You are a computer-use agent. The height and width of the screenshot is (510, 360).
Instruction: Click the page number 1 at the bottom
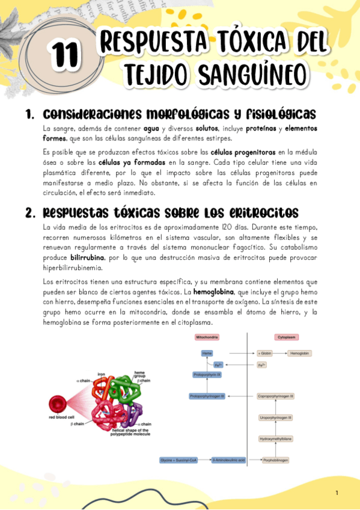pyautogui.click(x=337, y=493)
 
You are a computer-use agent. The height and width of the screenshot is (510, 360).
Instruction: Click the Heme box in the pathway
pyautogui.click(x=207, y=353)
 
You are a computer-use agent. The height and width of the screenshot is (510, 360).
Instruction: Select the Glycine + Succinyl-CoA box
pyautogui.click(x=178, y=460)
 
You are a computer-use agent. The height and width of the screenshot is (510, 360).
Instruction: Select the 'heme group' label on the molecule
pyautogui.click(x=139, y=374)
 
